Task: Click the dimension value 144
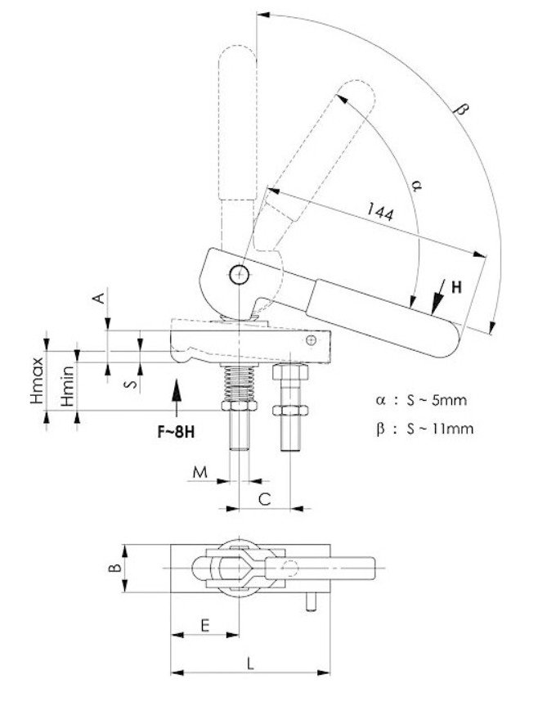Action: click(x=380, y=212)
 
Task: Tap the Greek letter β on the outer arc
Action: click(x=460, y=109)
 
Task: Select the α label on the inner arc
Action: click(x=416, y=185)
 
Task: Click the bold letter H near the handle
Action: click(x=456, y=287)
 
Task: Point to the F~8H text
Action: click(x=177, y=432)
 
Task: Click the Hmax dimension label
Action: click(x=38, y=380)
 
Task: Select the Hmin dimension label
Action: click(x=68, y=386)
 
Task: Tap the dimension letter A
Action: click(x=99, y=298)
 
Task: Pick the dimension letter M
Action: click(x=200, y=472)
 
